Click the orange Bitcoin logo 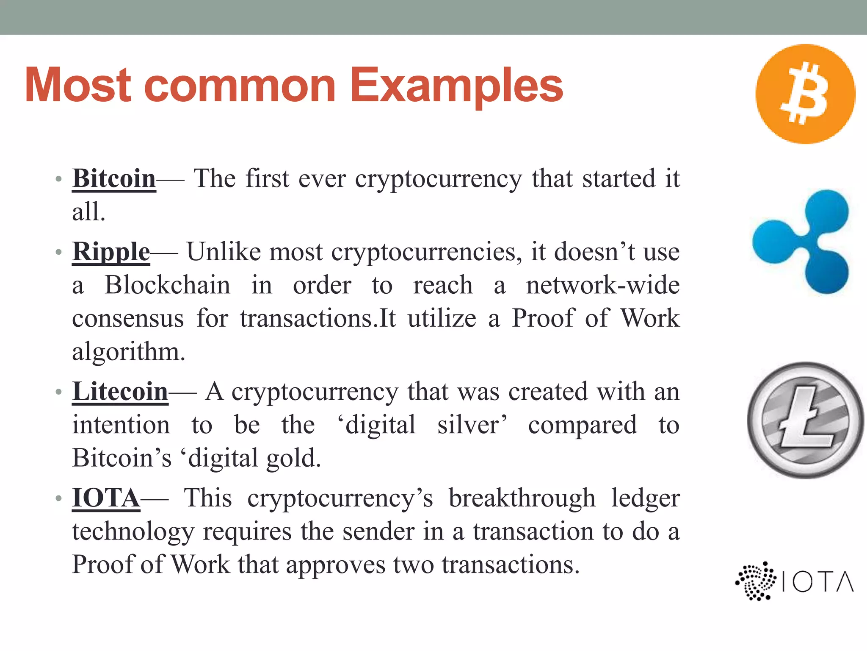(x=805, y=94)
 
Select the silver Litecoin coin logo (x=805, y=420)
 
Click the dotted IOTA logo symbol (x=756, y=581)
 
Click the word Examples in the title (x=456, y=86)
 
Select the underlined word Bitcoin (x=114, y=178)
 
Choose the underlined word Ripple (x=111, y=252)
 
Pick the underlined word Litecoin (x=120, y=392)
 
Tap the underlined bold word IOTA (x=106, y=498)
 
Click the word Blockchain (x=168, y=285)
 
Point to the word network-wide (x=602, y=285)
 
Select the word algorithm (x=128, y=352)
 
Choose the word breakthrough (x=522, y=498)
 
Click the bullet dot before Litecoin (x=59, y=392)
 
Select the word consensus (x=128, y=319)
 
